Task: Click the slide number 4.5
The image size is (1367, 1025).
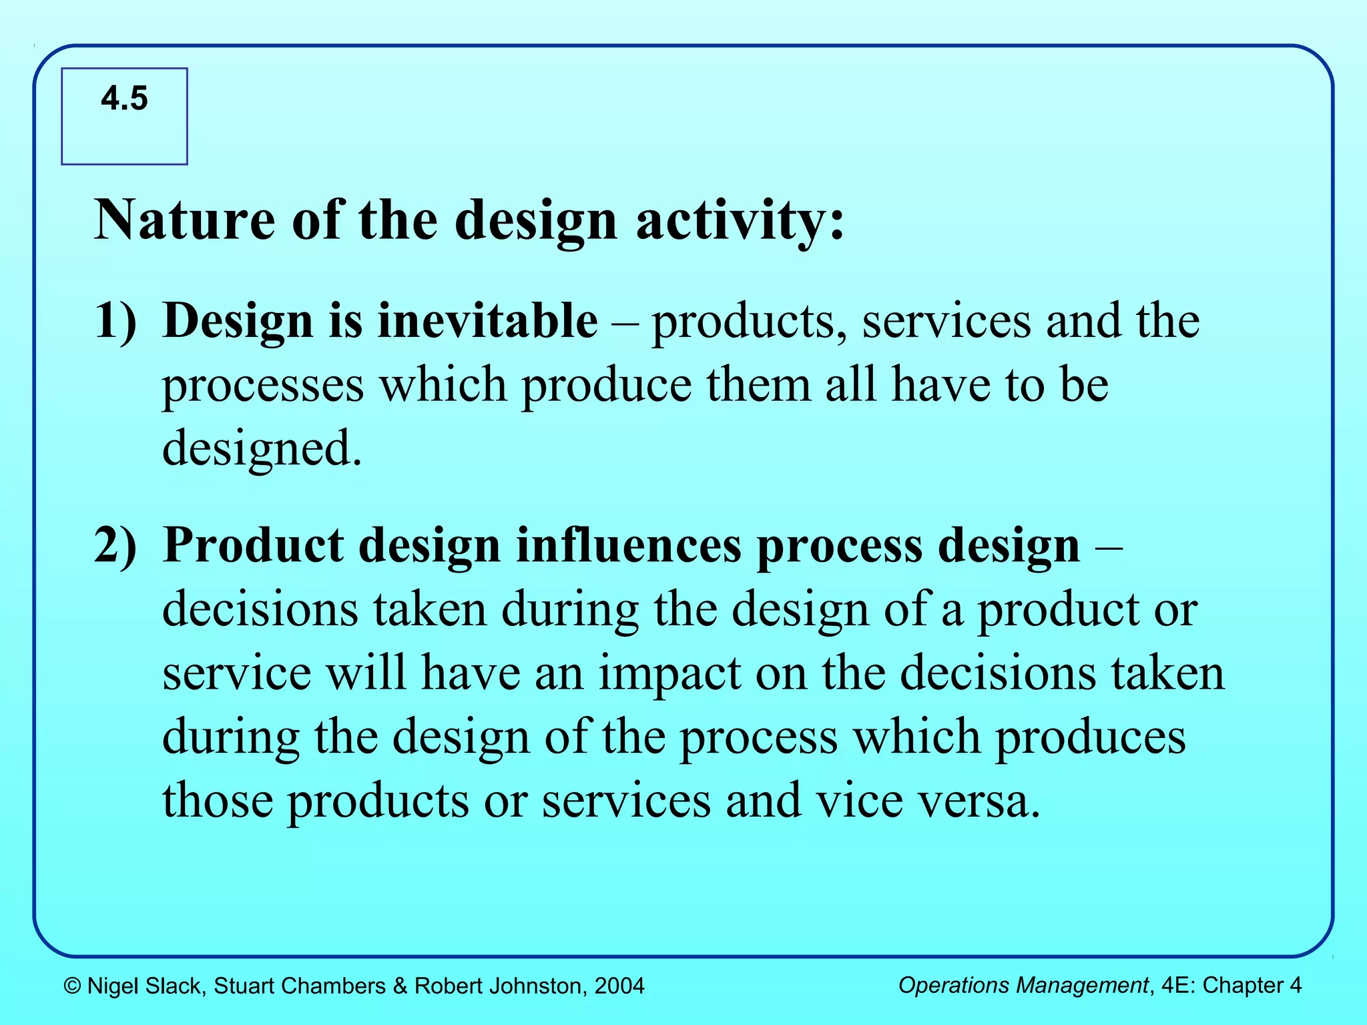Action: click(x=124, y=99)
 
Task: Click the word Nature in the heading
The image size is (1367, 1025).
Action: click(x=184, y=220)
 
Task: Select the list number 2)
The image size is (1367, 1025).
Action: click(x=115, y=546)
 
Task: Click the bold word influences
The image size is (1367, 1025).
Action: click(x=627, y=546)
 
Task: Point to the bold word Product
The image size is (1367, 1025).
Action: click(x=253, y=546)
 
